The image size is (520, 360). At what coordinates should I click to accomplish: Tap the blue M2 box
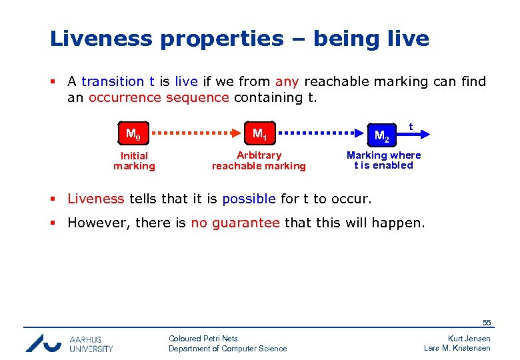click(381, 135)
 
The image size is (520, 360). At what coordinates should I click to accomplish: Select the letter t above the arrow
click(411, 125)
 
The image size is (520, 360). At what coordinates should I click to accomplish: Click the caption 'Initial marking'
click(134, 161)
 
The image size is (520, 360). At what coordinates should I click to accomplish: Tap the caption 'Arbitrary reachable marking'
click(259, 161)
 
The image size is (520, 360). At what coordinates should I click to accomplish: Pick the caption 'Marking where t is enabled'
click(383, 160)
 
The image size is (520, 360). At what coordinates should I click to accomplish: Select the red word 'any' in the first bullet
click(287, 81)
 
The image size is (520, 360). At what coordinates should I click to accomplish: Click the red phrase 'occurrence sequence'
click(159, 97)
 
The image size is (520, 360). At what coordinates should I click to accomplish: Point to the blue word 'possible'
click(249, 199)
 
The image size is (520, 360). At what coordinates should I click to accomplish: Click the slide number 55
click(487, 323)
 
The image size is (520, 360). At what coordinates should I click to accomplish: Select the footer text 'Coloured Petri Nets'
click(203, 339)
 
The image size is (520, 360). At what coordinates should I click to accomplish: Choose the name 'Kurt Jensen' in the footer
click(469, 339)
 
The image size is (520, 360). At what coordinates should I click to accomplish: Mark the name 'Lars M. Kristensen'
click(457, 348)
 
